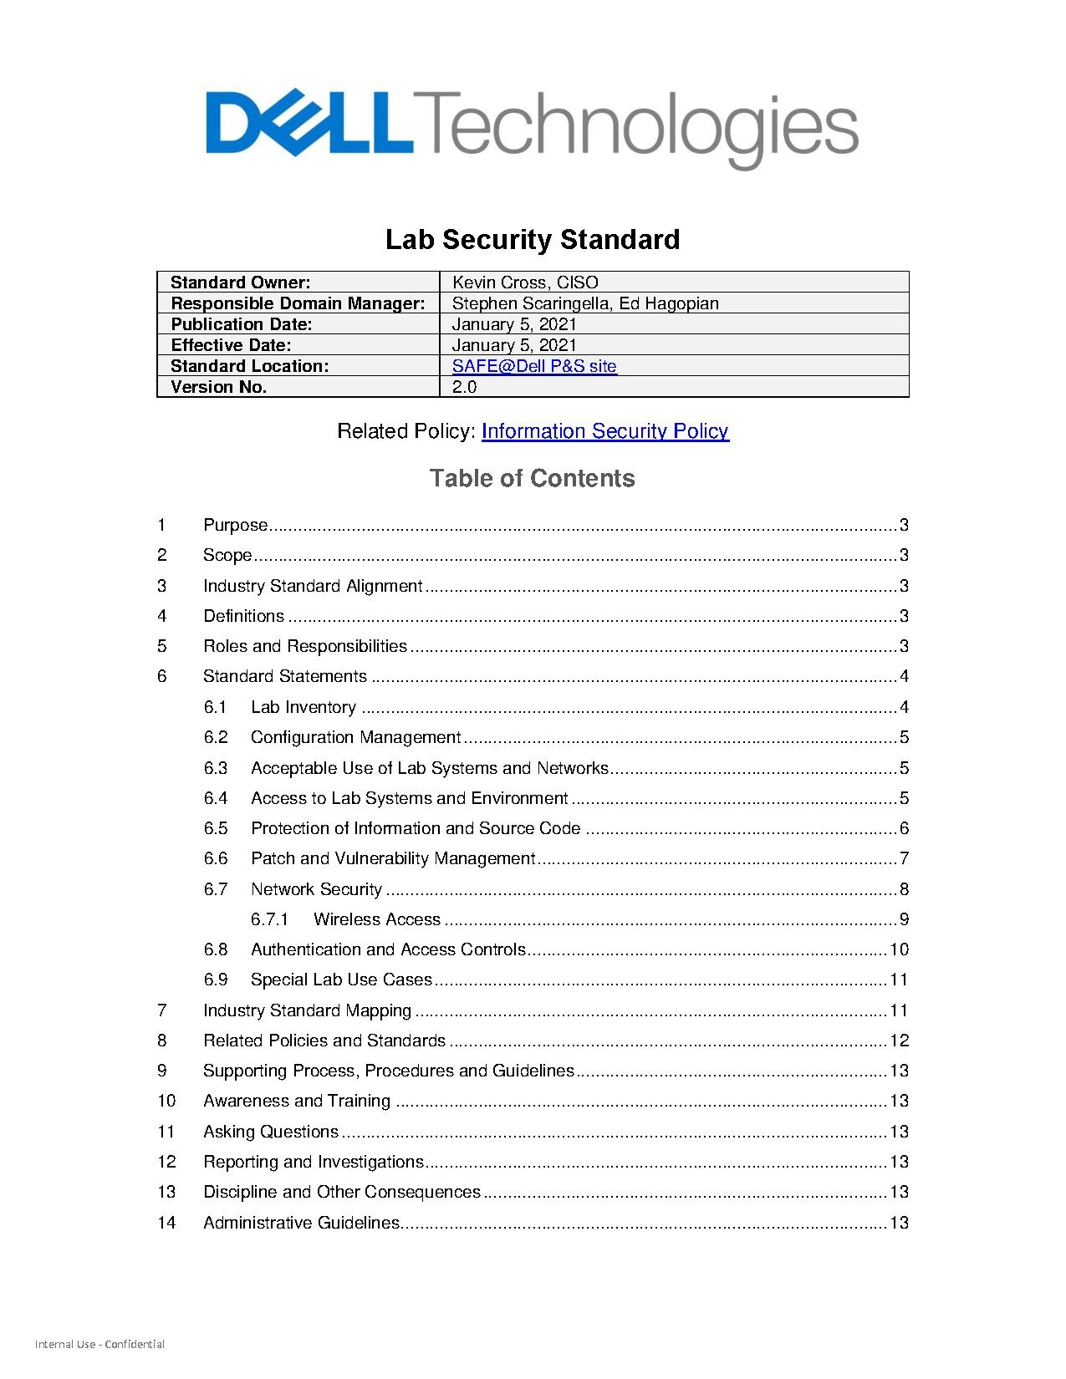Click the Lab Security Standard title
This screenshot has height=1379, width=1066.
pyautogui.click(x=532, y=240)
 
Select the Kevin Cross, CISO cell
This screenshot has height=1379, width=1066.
pyautogui.click(x=525, y=282)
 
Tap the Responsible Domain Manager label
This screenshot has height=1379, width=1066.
pyautogui.click(x=298, y=303)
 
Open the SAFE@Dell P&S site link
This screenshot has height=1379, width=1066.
pyautogui.click(x=534, y=366)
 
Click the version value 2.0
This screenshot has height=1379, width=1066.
pyautogui.click(x=464, y=387)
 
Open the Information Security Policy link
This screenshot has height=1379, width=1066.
pyautogui.click(x=604, y=431)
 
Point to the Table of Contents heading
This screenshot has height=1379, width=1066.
pyautogui.click(x=532, y=478)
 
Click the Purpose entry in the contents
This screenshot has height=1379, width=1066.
pyautogui.click(x=235, y=525)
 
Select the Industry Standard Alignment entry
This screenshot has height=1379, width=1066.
pyautogui.click(x=313, y=586)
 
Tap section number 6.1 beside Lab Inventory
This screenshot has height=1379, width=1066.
pyautogui.click(x=215, y=707)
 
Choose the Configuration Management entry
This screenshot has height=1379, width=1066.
pyautogui.click(x=355, y=737)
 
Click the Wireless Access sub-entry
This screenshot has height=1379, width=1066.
pyautogui.click(x=376, y=919)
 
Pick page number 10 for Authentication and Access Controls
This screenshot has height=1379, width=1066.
pyautogui.click(x=899, y=949)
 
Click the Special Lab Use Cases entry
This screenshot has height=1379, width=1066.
pyautogui.click(x=341, y=980)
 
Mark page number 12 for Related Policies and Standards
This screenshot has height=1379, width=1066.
pyautogui.click(x=899, y=1041)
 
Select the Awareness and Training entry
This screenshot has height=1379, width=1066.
pyautogui.click(x=297, y=1101)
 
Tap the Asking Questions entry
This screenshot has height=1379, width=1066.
pyautogui.click(x=271, y=1132)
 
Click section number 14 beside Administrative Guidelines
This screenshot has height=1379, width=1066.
pyautogui.click(x=166, y=1223)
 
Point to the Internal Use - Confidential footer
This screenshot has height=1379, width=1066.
pyautogui.click(x=99, y=1345)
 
